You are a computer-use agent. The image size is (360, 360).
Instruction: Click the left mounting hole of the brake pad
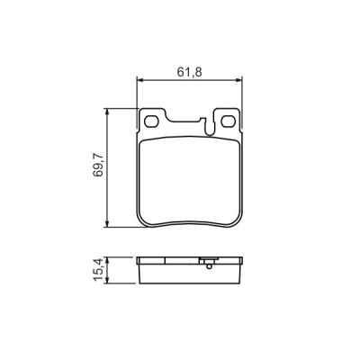coord(152,121)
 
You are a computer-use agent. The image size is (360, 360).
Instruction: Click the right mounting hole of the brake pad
coord(226,121)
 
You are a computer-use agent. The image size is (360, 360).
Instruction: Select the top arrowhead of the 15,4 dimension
coord(108,258)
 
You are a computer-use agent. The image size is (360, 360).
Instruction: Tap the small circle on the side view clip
coord(208,265)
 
